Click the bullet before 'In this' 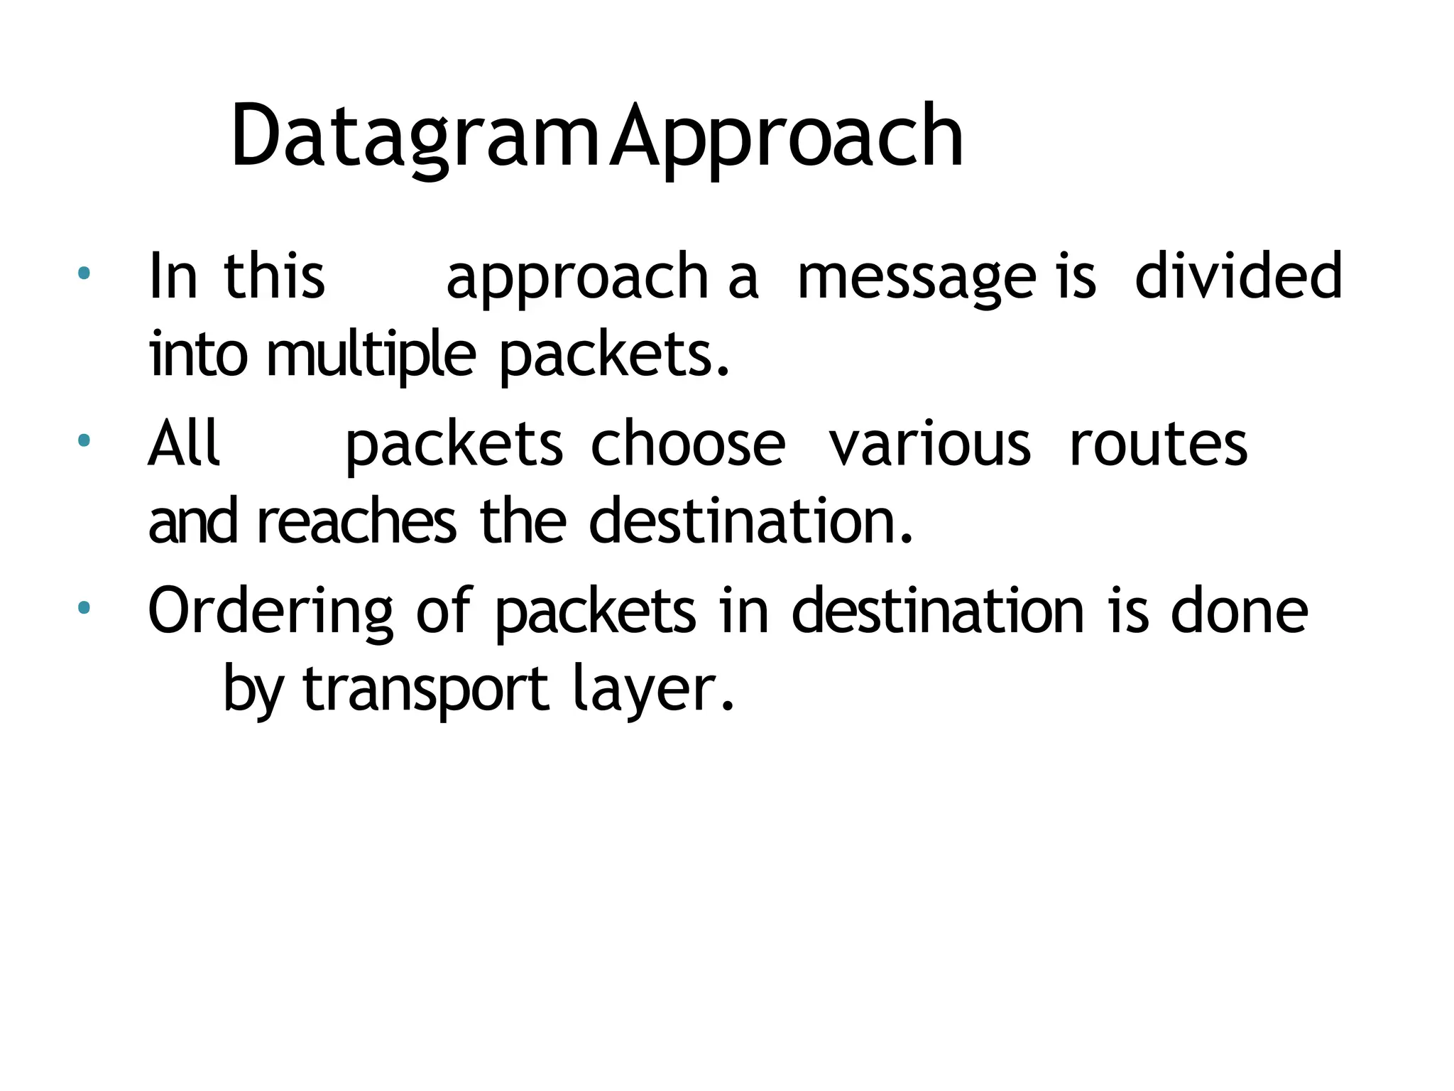tap(84, 272)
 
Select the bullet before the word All tap(84, 440)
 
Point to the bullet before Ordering tap(84, 607)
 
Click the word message tap(916, 278)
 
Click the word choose tap(688, 444)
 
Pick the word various tap(929, 444)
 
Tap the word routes tap(1158, 444)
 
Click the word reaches tap(356, 522)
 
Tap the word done tap(1239, 611)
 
